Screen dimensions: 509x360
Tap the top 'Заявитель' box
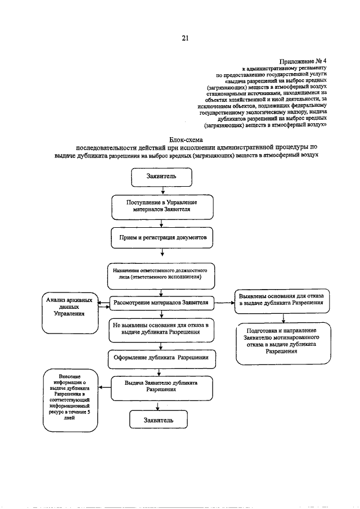tap(161, 177)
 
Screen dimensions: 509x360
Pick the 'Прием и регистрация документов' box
tap(162, 237)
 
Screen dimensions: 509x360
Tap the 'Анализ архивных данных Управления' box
tap(69, 314)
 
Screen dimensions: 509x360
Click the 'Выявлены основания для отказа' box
tap(285, 299)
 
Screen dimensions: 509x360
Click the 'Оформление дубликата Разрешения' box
tap(161, 357)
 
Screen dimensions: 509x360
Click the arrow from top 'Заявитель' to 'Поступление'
tap(161, 191)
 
